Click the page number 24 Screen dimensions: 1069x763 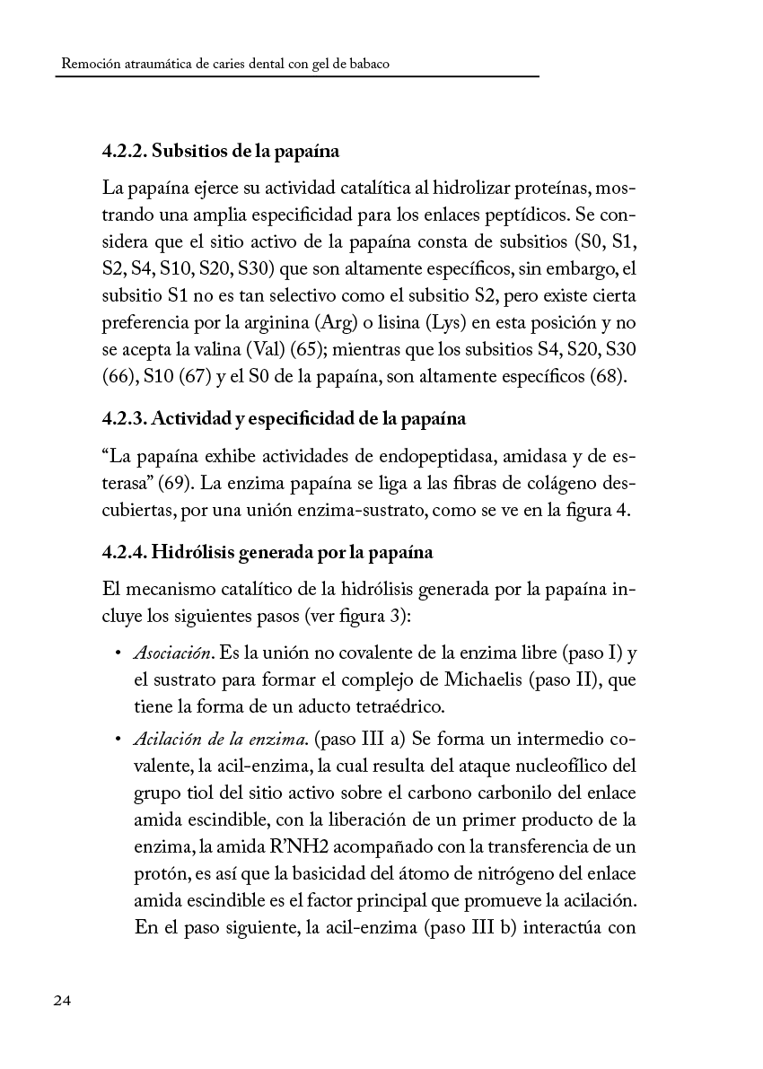pos(63,1002)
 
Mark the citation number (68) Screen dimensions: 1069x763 pos(607,375)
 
